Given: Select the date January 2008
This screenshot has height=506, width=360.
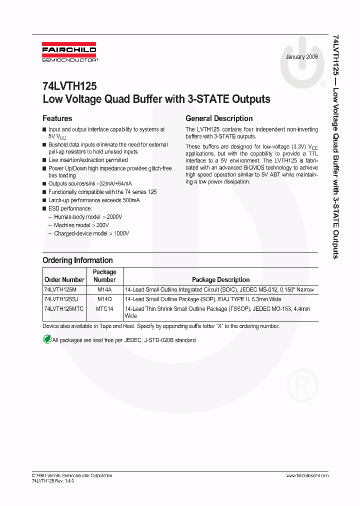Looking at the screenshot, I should pos(301,57).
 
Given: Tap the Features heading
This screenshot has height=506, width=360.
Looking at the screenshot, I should pos(57,118).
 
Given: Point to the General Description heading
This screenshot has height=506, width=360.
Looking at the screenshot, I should pos(219,118).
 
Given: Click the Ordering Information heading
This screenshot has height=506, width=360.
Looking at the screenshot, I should pos(77,260).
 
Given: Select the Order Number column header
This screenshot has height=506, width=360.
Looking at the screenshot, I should pos(64,279).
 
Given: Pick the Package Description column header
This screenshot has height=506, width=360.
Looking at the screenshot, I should pos(220,279).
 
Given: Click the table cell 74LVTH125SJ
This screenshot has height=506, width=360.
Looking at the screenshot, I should pos(62,299).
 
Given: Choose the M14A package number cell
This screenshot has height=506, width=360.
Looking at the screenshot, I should pos(104,289).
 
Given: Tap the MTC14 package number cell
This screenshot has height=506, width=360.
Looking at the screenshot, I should pos(104,309).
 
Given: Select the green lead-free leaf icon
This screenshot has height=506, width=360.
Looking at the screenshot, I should pos(46,340).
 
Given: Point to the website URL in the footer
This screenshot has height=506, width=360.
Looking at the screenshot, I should pos(307,475).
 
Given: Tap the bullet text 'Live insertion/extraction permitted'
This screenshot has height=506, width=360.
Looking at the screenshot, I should pos(88,160).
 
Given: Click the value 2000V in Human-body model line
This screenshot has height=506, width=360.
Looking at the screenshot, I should pos(114,217).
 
